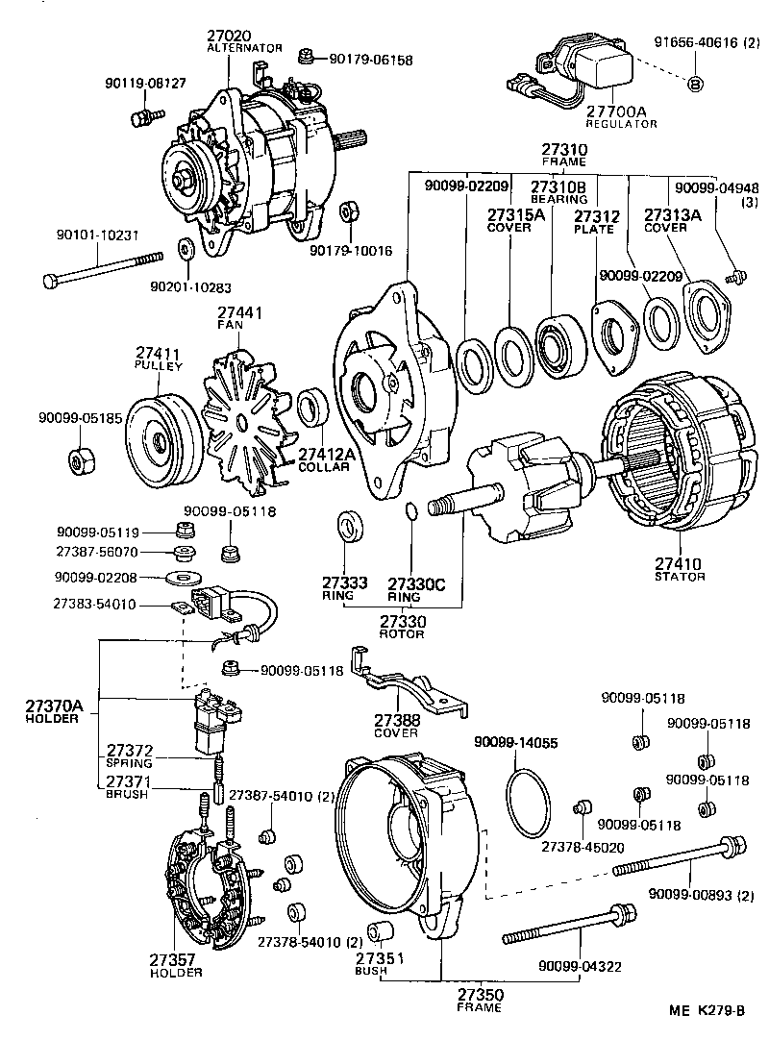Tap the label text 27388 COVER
coord(396,725)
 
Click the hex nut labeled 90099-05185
coord(81,462)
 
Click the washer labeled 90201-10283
coord(186,251)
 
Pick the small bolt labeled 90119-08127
coord(140,118)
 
